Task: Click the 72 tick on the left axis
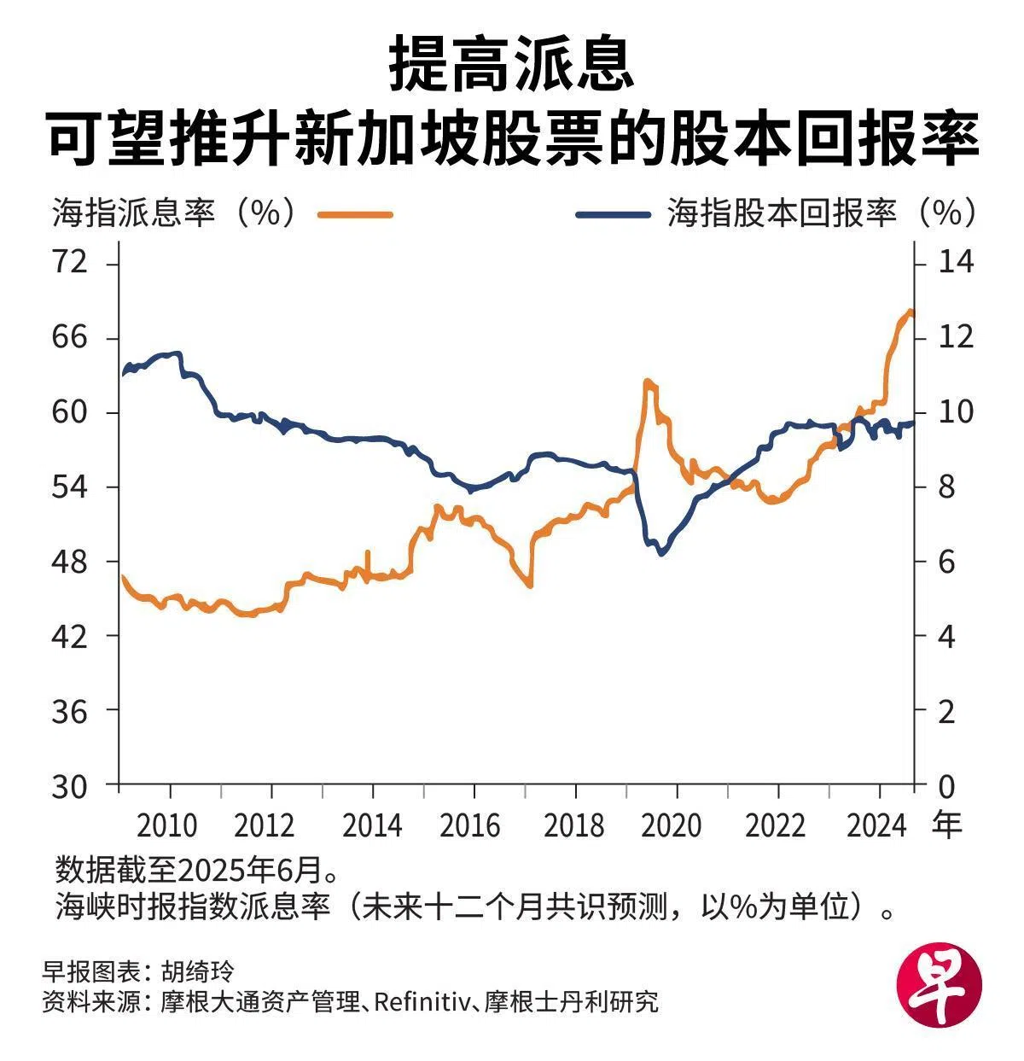(x=70, y=263)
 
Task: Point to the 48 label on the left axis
(x=70, y=562)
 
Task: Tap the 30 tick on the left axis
(x=70, y=785)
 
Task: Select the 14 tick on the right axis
(x=956, y=263)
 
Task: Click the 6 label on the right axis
(x=946, y=562)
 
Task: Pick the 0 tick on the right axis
(x=946, y=785)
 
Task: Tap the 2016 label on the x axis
(x=471, y=825)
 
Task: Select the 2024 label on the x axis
(x=876, y=825)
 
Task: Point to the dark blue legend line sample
(x=613, y=214)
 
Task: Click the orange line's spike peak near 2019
(x=649, y=382)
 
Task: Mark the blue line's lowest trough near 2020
(x=661, y=553)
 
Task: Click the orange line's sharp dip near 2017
(x=529, y=585)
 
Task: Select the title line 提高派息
(x=512, y=64)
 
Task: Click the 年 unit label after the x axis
(x=946, y=825)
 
